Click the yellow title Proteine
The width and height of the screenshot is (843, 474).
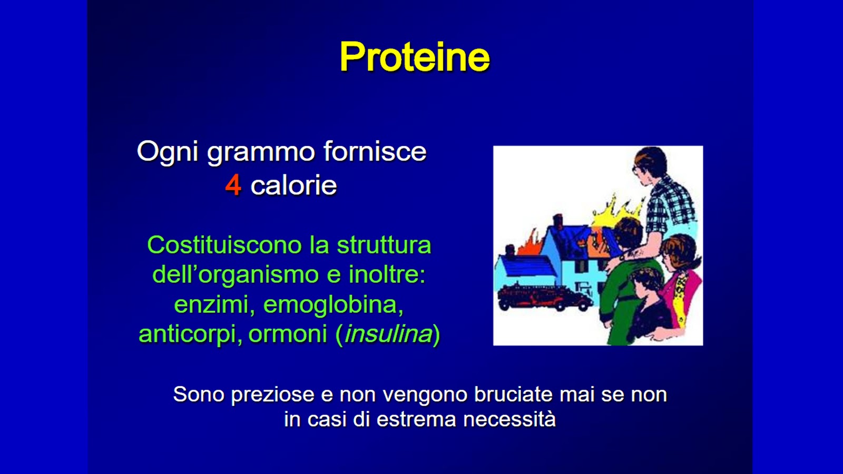coord(415,57)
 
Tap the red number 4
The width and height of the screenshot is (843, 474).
coord(233,185)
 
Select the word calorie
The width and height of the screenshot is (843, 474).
coord(293,185)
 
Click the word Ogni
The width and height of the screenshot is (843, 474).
coord(168,152)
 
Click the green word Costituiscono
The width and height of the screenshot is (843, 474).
coord(224,245)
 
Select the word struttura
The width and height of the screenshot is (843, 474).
coord(384,245)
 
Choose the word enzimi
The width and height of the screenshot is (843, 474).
coord(214,304)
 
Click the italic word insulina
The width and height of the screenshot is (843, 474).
coord(389,334)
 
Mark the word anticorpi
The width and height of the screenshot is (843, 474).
coord(190,334)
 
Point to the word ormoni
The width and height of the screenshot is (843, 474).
coord(288,334)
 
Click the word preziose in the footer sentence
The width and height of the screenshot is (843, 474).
coord(272,395)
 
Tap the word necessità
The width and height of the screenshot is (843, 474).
coord(509,419)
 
